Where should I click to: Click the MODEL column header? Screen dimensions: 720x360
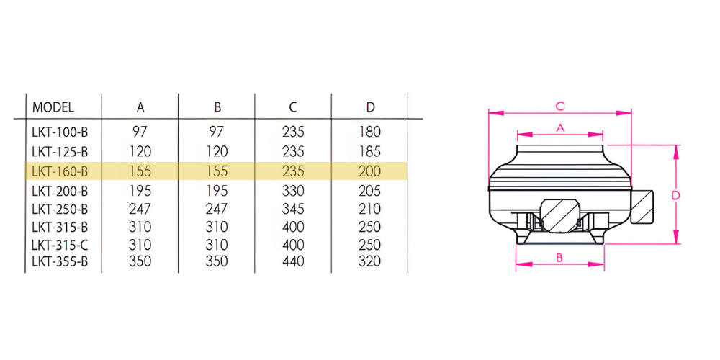pyautogui.click(x=53, y=107)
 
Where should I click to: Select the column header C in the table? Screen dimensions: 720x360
pyautogui.click(x=293, y=107)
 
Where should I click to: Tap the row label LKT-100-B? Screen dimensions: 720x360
pyautogui.click(x=60, y=132)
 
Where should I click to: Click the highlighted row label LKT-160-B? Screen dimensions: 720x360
pyautogui.click(x=60, y=171)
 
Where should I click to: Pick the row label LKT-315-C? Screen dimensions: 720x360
pyautogui.click(x=60, y=244)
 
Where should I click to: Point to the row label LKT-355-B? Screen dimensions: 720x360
pyautogui.click(x=60, y=261)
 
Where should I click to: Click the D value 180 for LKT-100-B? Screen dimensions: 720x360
pyautogui.click(x=370, y=132)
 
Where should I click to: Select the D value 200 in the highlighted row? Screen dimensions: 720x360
pyautogui.click(x=370, y=171)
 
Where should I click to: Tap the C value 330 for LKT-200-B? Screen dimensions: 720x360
pyautogui.click(x=294, y=191)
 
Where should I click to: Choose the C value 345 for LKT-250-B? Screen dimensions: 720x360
pyautogui.click(x=294, y=209)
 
